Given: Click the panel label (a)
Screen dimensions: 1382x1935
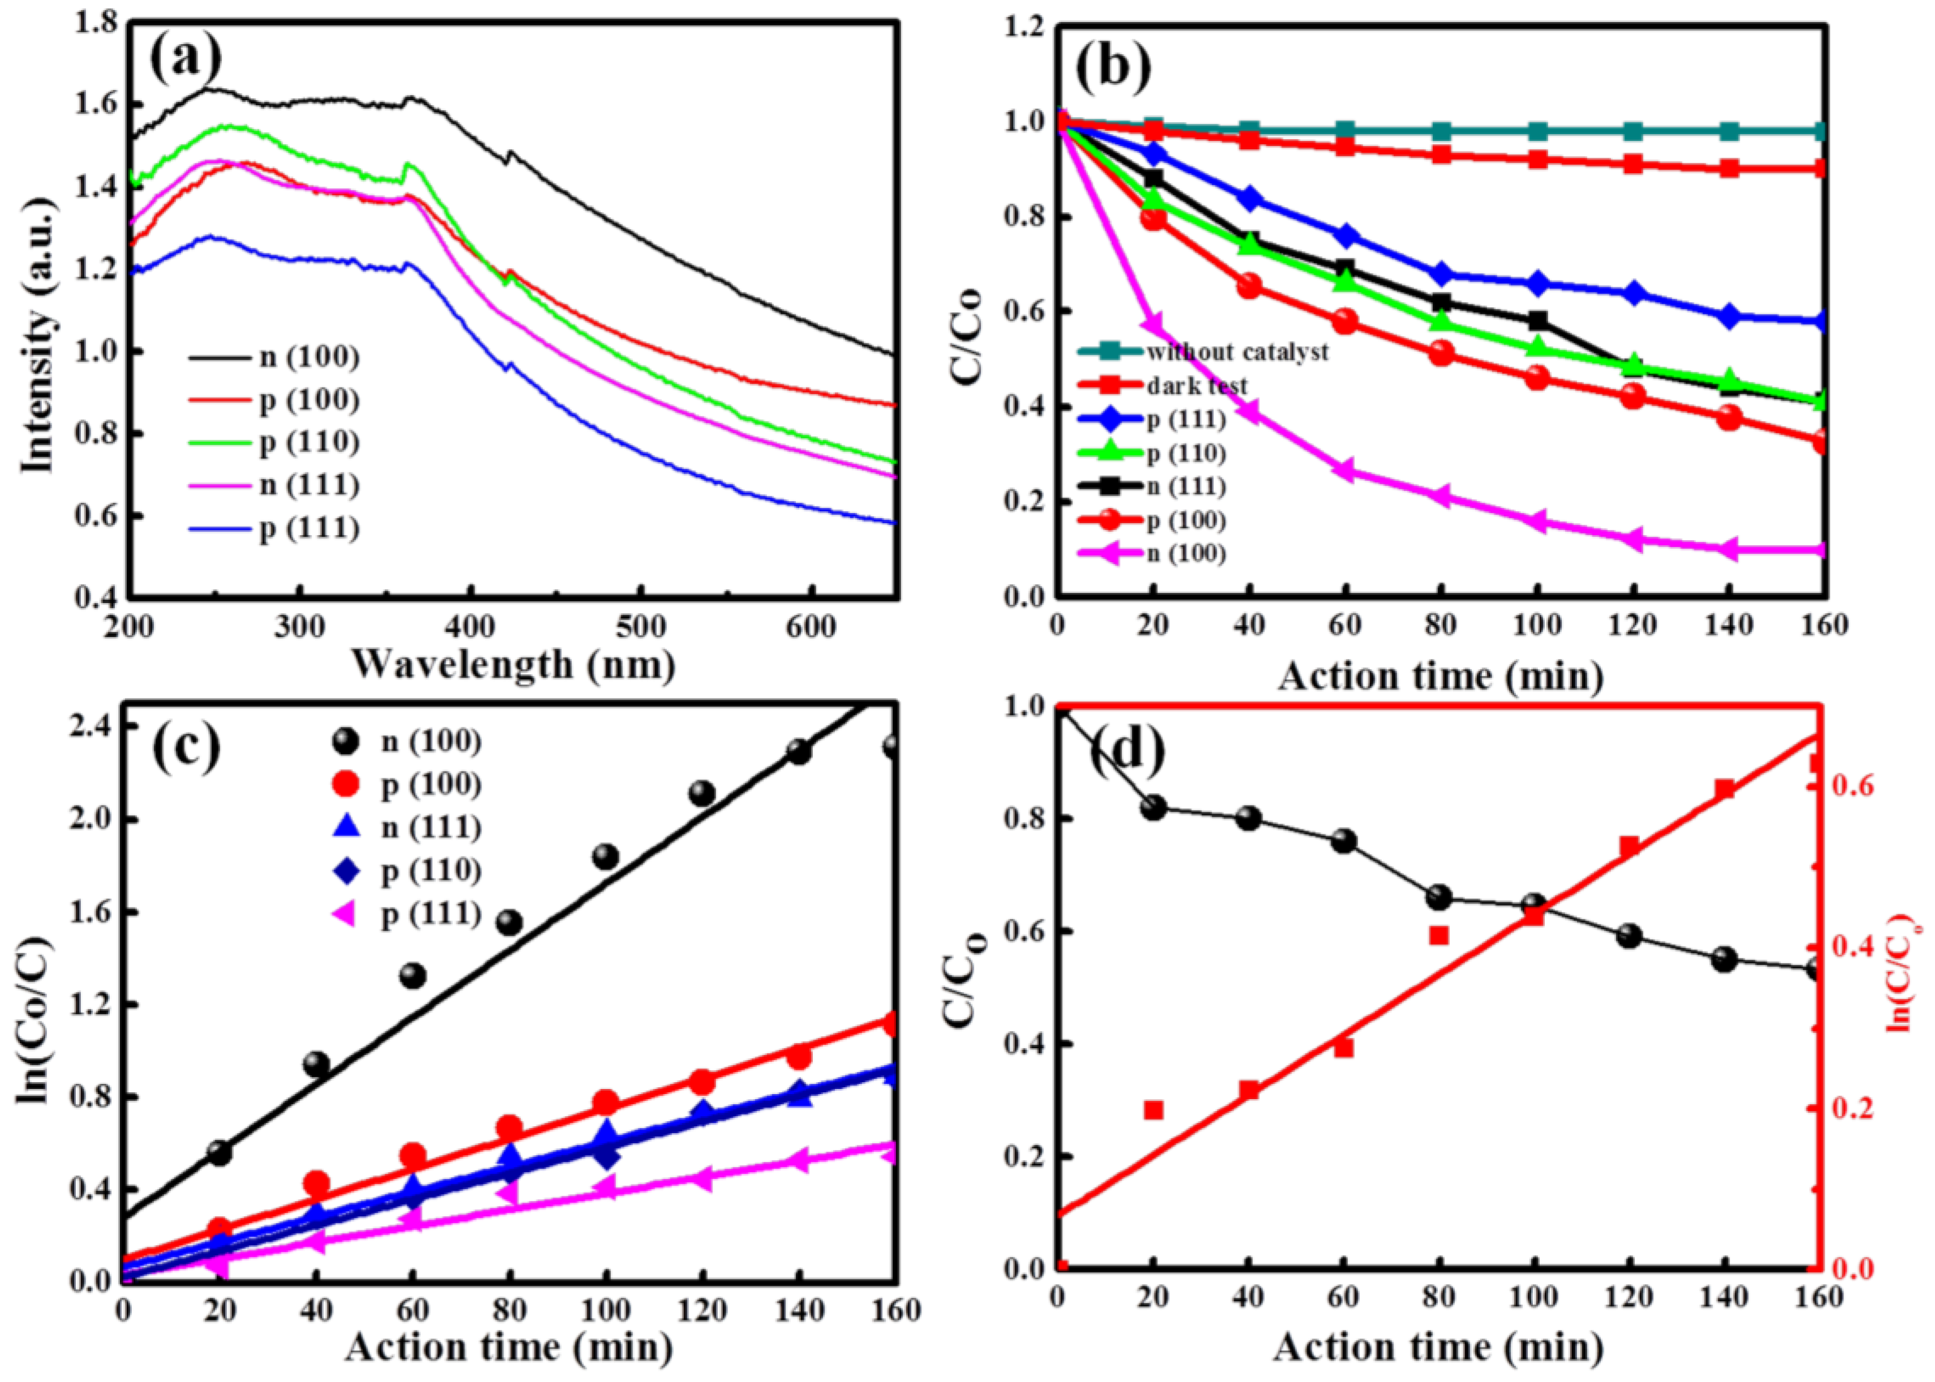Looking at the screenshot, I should pyautogui.click(x=186, y=59).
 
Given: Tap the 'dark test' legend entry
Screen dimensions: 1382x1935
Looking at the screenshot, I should pyautogui.click(x=1196, y=385).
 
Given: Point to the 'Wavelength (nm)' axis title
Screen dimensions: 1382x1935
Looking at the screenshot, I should pyautogui.click(x=513, y=664).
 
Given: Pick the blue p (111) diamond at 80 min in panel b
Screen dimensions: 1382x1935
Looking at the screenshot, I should pyautogui.click(x=1441, y=274).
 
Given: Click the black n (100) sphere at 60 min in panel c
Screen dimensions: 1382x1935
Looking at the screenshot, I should pyautogui.click(x=413, y=975).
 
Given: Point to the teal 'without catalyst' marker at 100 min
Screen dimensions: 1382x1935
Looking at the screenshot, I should pyautogui.click(x=1537, y=131).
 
